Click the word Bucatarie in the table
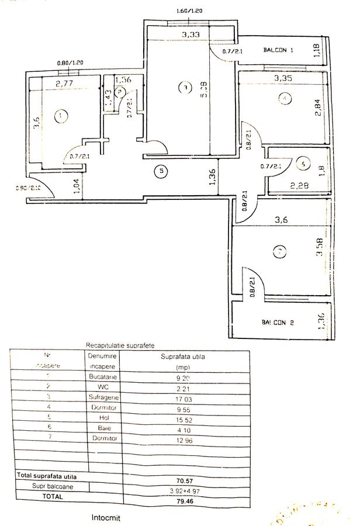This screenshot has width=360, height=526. click(103, 378)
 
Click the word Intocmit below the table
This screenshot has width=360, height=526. click(108, 517)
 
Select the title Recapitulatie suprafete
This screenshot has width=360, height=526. click(117, 345)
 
